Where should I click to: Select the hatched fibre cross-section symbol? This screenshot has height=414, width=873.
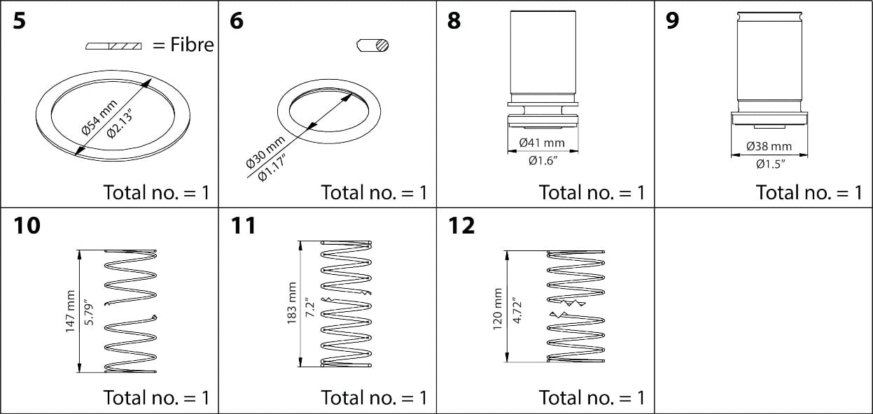113,46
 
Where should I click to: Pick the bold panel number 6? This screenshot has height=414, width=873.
237,21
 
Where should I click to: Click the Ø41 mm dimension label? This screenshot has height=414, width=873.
541,143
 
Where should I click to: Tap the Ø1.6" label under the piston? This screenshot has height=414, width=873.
541,162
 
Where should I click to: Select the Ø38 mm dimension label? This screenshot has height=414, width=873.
769,147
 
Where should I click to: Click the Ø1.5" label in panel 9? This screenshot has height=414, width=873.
769,164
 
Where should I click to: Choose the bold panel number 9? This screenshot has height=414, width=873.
672,21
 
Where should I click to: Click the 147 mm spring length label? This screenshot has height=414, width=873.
70,311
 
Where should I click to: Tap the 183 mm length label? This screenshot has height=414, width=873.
293,304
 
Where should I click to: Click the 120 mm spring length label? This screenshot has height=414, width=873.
498,309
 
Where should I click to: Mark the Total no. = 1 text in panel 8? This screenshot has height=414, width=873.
591,192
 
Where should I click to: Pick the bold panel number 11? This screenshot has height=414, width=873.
243,226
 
